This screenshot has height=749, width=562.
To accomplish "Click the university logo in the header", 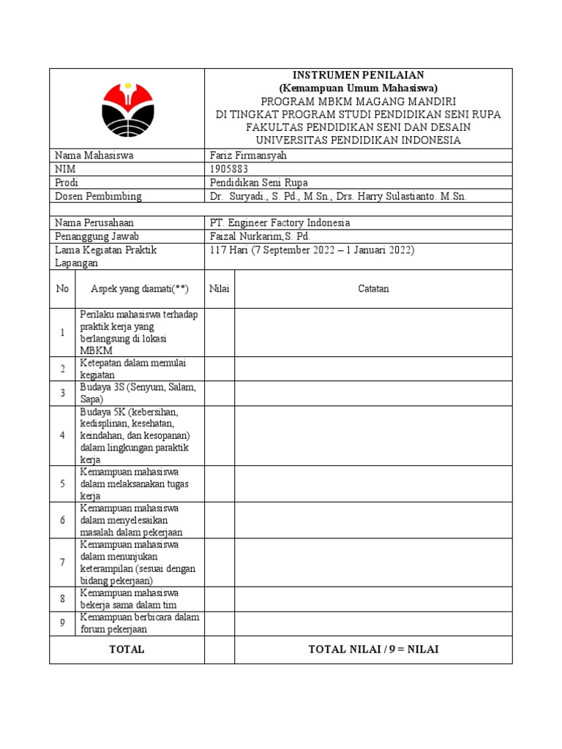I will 127,108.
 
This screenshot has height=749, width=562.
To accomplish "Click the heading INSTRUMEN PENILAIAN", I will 358,75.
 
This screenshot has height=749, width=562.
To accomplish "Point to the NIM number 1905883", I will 229,169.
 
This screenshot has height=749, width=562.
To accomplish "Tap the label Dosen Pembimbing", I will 98,196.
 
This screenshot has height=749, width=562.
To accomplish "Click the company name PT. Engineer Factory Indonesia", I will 280,222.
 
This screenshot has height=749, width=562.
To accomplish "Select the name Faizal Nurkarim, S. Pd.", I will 260,236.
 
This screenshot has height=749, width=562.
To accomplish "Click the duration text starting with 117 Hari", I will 312,250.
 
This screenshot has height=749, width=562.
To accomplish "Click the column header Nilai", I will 220,289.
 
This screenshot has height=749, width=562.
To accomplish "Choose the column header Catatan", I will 373,289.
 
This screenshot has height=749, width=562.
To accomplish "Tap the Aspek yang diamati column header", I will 140,289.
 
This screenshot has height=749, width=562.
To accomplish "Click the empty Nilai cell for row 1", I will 220,333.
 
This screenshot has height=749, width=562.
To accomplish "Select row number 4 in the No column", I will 62,435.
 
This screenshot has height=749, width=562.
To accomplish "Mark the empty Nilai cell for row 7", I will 220,562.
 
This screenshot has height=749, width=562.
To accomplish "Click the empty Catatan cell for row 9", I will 373,623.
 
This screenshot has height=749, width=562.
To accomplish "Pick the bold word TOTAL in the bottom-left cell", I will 127,650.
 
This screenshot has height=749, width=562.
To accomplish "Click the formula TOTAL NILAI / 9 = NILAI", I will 373,650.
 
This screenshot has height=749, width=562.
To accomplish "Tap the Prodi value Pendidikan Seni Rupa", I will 258,183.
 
